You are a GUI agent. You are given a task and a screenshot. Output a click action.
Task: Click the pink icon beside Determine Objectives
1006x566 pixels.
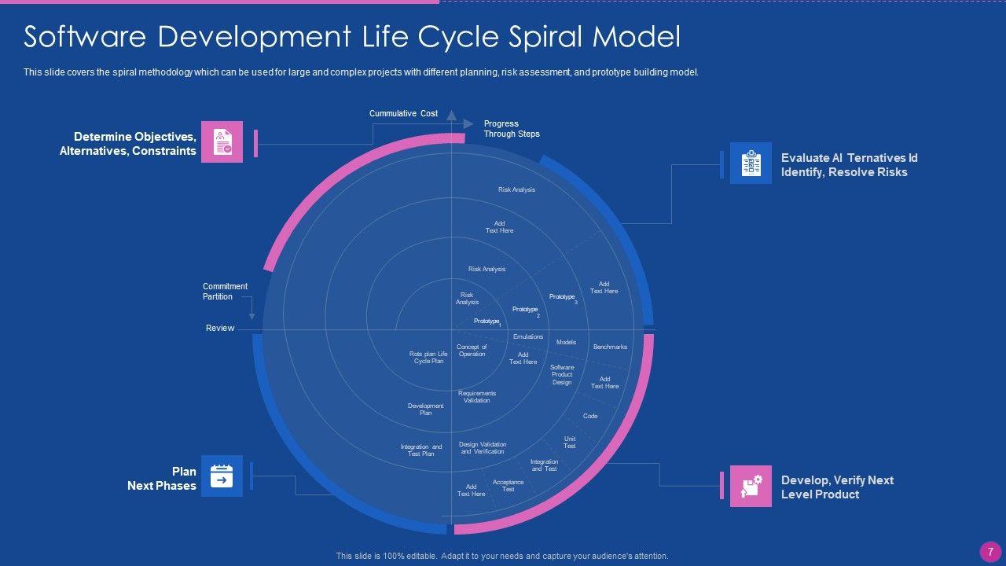tap(222, 141)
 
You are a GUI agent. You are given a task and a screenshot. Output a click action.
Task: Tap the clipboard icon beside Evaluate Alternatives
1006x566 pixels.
tap(751, 163)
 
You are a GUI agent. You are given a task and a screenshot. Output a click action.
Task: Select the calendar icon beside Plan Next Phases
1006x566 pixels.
tap(222, 476)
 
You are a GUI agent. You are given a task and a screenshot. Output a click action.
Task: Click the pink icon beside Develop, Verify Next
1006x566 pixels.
tap(751, 486)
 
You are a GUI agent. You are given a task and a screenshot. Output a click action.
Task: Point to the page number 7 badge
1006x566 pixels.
tap(989, 550)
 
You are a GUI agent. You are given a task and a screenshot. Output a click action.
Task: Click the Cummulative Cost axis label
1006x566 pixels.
tap(403, 114)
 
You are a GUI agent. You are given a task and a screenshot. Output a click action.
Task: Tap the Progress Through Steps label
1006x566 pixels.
tap(512, 129)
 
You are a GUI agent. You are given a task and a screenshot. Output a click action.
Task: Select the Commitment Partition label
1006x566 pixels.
tap(225, 292)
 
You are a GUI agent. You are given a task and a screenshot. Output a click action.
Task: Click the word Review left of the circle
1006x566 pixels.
tap(220, 328)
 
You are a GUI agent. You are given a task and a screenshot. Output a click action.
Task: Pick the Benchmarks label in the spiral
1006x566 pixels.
tap(610, 347)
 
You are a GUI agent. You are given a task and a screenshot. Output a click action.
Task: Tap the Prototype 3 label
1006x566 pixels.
tap(563, 297)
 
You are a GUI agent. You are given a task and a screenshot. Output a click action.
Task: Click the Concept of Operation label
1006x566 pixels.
tap(472, 351)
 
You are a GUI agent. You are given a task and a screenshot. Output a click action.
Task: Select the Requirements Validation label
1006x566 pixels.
tap(477, 397)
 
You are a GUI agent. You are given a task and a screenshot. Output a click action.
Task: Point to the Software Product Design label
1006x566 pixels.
tap(562, 375)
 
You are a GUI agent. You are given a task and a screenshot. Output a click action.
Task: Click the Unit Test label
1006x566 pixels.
tap(570, 443)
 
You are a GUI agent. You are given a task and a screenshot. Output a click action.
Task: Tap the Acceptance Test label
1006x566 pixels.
tap(509, 486)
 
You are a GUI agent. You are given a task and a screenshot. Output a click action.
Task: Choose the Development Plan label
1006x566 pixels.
tap(426, 410)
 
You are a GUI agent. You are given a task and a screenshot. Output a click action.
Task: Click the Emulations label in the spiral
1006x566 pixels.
tap(528, 337)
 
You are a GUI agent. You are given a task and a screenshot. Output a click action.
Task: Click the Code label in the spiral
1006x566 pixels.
tap(590, 416)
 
